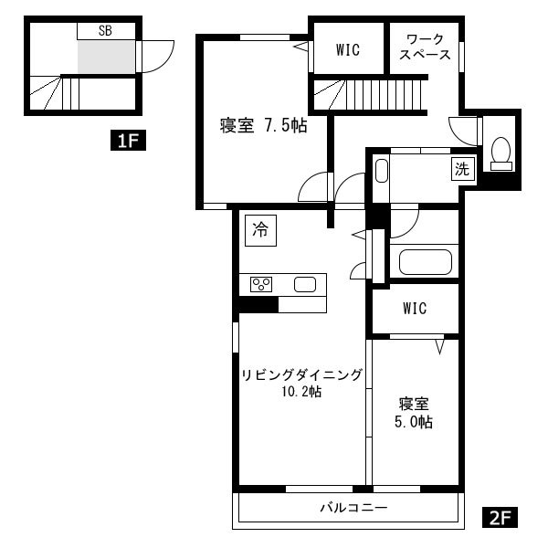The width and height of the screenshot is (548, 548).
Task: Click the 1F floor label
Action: pyautogui.click(x=128, y=140)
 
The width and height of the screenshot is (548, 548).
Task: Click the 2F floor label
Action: pyautogui.click(x=500, y=517)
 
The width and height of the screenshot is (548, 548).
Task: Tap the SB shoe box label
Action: pyautogui.click(x=105, y=31)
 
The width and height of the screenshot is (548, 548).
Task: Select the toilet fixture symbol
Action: pyautogui.click(x=501, y=153)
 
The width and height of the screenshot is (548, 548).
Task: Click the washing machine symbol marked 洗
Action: pyautogui.click(x=463, y=169)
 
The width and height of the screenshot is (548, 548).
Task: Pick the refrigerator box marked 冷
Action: pyautogui.click(x=260, y=230)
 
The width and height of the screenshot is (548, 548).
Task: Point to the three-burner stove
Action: pyautogui.click(x=261, y=284)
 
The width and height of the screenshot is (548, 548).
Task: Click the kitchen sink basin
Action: pyautogui.click(x=305, y=284)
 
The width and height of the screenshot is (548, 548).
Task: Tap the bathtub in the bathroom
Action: pyautogui.click(x=426, y=262)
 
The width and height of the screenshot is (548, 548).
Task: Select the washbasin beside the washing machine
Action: pyautogui.click(x=382, y=171)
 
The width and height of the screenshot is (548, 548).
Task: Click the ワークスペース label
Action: pyautogui.click(x=425, y=47)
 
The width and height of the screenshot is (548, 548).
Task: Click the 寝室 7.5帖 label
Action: pyautogui.click(x=264, y=125)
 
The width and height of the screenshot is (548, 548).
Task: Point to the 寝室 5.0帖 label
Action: pyautogui.click(x=414, y=413)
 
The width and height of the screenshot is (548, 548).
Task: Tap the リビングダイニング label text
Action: pyautogui.click(x=302, y=375)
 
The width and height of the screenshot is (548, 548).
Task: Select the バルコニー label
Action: pyautogui.click(x=354, y=507)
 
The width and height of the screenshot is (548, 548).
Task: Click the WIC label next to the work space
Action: pyautogui.click(x=348, y=49)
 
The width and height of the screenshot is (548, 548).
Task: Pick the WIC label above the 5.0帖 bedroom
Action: pyautogui.click(x=415, y=309)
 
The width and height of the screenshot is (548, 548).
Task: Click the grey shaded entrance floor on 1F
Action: pyautogui.click(x=106, y=57)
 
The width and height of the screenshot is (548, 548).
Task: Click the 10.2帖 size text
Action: pyautogui.click(x=302, y=392)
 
